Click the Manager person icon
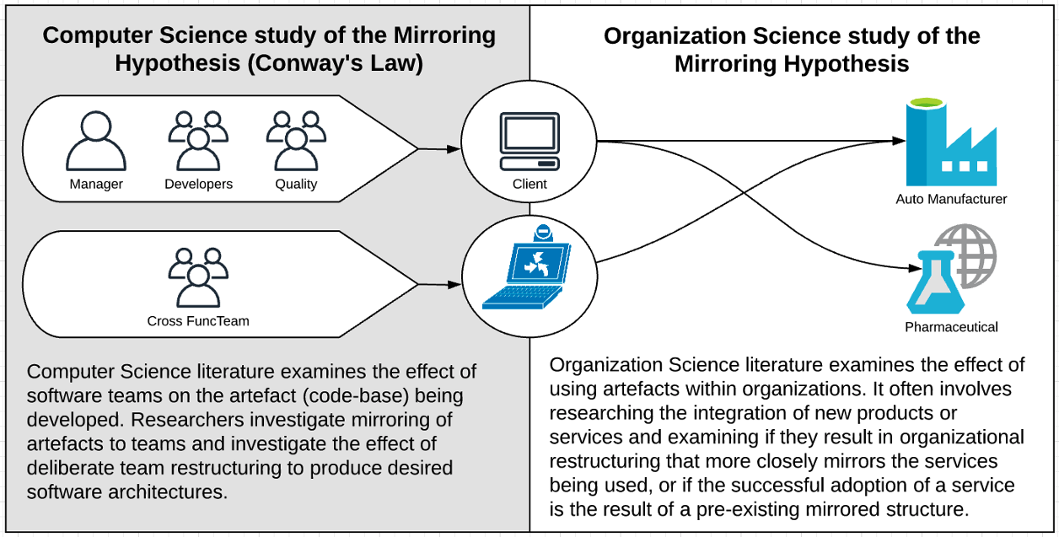pos(96,141)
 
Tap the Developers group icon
pos(199,141)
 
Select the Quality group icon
pos(297,141)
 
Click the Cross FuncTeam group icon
pos(199,278)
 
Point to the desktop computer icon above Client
pos(529,142)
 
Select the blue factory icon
pos(951,142)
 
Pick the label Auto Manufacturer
pos(951,199)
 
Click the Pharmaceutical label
pos(951,327)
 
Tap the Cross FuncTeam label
pos(198,321)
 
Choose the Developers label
pos(199,184)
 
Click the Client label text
pos(529,184)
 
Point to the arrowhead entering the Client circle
pos(454,149)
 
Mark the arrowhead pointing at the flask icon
pos(916,268)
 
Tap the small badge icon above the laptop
pos(543,233)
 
